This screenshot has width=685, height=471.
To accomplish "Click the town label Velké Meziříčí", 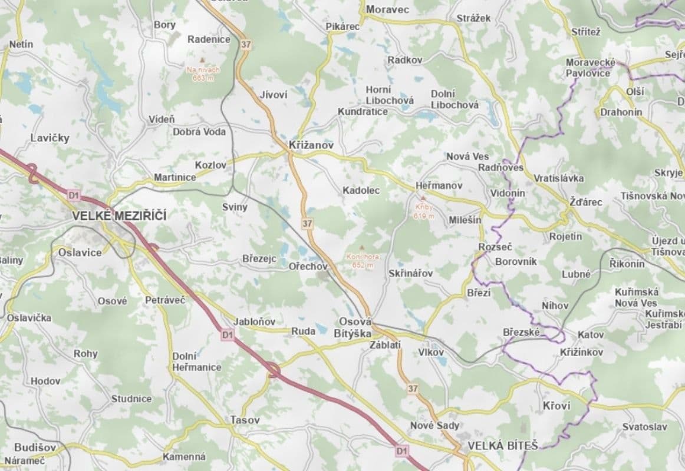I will pyautogui.click(x=119, y=216).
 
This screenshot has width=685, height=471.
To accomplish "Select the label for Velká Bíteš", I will pyautogui.click(x=502, y=446).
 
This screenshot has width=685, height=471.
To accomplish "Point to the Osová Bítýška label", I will pyautogui.click(x=355, y=327).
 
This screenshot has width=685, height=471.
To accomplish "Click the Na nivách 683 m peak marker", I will pyautogui.click(x=203, y=61).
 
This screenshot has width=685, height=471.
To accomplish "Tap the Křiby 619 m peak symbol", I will pyautogui.click(x=423, y=199).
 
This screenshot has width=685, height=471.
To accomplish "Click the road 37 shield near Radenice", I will pyautogui.click(x=245, y=44).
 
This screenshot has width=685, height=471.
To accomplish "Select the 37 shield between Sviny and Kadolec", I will pyautogui.click(x=307, y=223).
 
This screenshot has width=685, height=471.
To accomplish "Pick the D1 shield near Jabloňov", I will pyautogui.click(x=228, y=335).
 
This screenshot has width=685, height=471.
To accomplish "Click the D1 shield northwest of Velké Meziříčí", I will pyautogui.click(x=73, y=194).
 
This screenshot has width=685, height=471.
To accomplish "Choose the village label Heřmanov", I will pyautogui.click(x=439, y=185).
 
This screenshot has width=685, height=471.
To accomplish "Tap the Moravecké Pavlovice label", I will pyautogui.click(x=590, y=68).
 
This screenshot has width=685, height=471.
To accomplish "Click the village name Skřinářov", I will pyautogui.click(x=411, y=274).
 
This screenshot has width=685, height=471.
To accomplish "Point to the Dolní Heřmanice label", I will pyautogui.click(x=197, y=361).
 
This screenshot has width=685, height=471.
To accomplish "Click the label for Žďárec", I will pyautogui.click(x=586, y=201).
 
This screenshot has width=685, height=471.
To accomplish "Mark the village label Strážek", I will pyautogui.click(x=473, y=18).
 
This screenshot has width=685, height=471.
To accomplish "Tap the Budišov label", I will pyautogui.click(x=29, y=446).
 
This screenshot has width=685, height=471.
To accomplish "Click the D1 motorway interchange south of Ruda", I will pyautogui.click(x=272, y=370).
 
